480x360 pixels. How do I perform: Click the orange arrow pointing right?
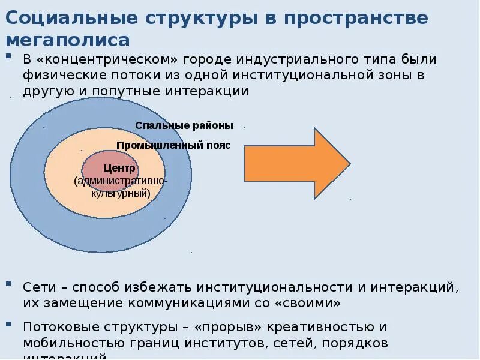[296, 163]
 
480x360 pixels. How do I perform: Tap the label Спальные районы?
[184, 125]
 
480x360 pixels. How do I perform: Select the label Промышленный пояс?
[173, 145]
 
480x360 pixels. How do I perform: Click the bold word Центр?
[119, 168]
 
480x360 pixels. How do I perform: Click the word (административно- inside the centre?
[121, 181]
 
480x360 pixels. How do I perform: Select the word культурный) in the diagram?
[120, 193]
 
